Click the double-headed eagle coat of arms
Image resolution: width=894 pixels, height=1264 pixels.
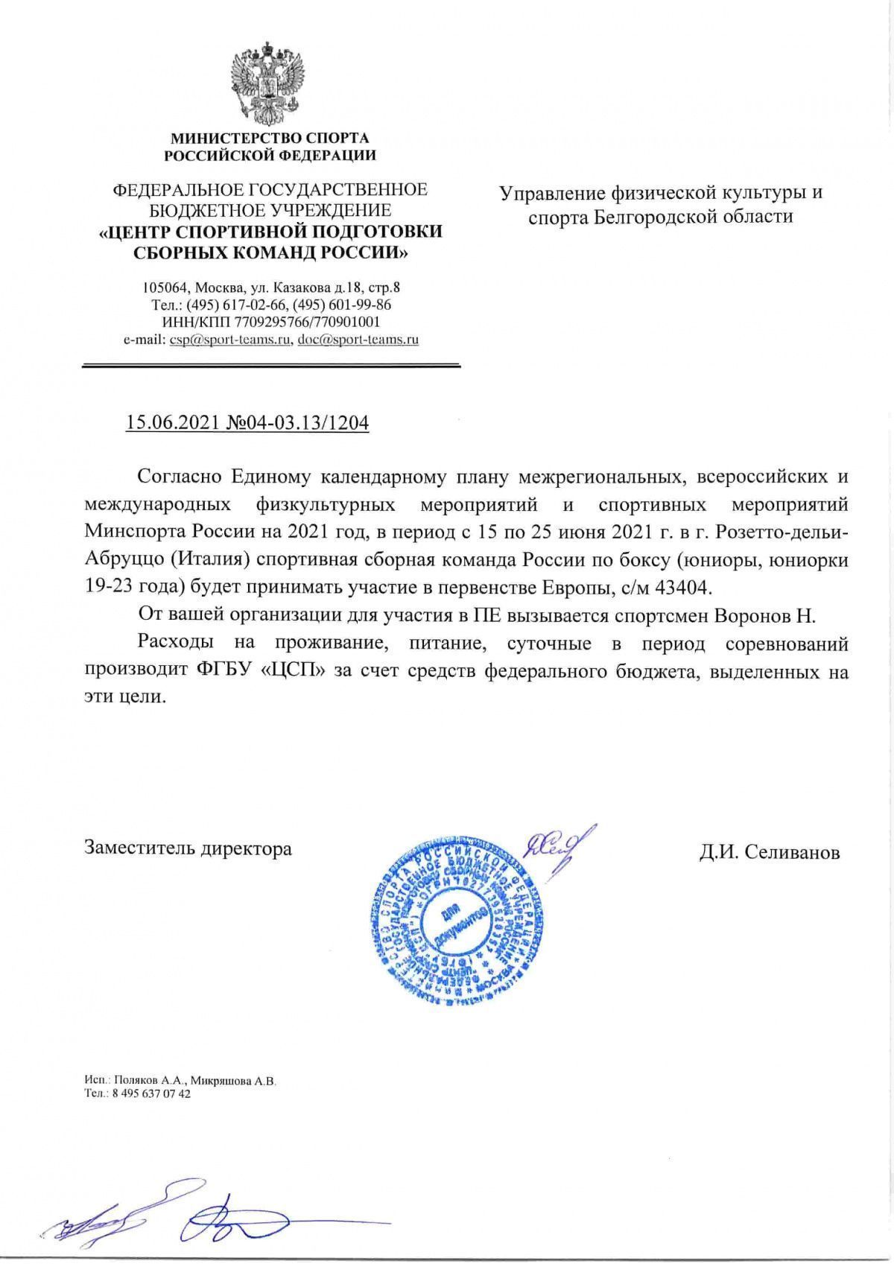270,83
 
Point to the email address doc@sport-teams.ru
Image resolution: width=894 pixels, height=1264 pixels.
358,340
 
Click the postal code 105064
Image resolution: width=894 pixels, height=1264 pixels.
165,287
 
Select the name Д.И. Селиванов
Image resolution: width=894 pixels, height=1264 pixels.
769,851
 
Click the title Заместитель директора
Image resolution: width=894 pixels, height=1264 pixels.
188,848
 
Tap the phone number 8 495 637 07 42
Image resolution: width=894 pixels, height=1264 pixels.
148,1093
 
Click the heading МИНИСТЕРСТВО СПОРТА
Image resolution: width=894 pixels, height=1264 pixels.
270,138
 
